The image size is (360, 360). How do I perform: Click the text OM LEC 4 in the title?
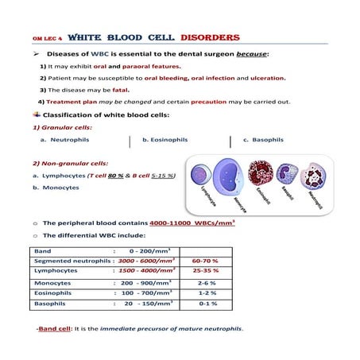(x=45, y=38)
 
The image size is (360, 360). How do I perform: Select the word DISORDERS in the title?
(x=209, y=37)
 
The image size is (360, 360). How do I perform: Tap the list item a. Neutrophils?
(x=65, y=140)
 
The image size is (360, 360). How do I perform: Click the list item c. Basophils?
(x=262, y=140)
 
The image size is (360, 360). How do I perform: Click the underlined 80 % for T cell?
(x=116, y=175)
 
